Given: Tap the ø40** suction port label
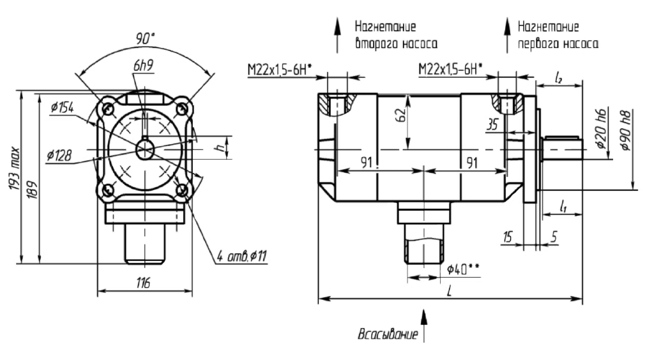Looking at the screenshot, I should [464, 269].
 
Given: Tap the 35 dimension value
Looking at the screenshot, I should [492, 125].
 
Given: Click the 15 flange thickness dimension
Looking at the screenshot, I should [508, 237].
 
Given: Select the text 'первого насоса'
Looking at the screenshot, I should [558, 45].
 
